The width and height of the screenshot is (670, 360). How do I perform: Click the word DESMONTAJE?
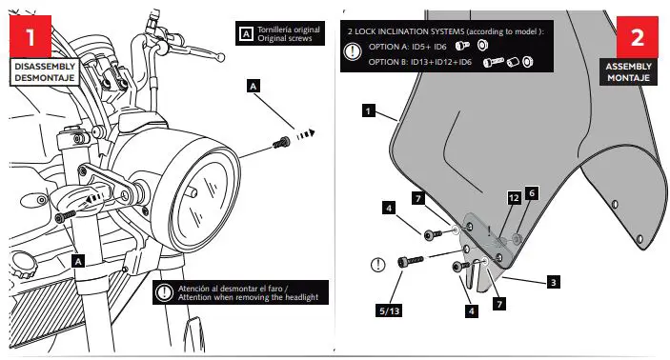[x=43, y=79]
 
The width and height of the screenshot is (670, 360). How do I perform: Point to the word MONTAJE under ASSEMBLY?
[x=630, y=79]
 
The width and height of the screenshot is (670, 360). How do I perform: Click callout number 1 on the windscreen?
[x=368, y=110]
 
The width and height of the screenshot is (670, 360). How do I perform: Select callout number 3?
[x=554, y=282]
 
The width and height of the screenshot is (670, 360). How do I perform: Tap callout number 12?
[x=514, y=198]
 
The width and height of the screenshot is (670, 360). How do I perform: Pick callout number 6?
[x=533, y=191]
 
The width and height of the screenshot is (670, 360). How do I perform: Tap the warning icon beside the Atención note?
[x=165, y=293]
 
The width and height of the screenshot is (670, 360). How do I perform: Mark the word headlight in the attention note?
[x=297, y=299]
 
